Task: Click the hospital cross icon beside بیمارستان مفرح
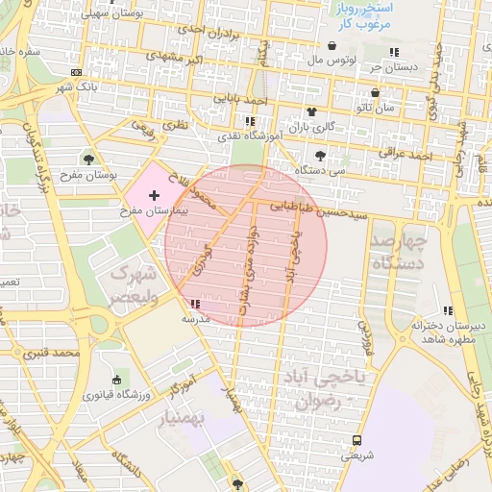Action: tap(155, 195)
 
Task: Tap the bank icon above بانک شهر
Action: tap(77, 72)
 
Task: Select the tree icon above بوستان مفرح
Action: tap(89, 159)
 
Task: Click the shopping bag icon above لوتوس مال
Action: tap(332, 45)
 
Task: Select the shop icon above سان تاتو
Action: tap(376, 94)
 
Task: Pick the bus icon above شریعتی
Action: tap(357, 440)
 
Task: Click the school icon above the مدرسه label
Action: tap(197, 304)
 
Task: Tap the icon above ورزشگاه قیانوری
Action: tap(117, 380)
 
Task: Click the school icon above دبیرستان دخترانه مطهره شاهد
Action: tap(448, 310)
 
